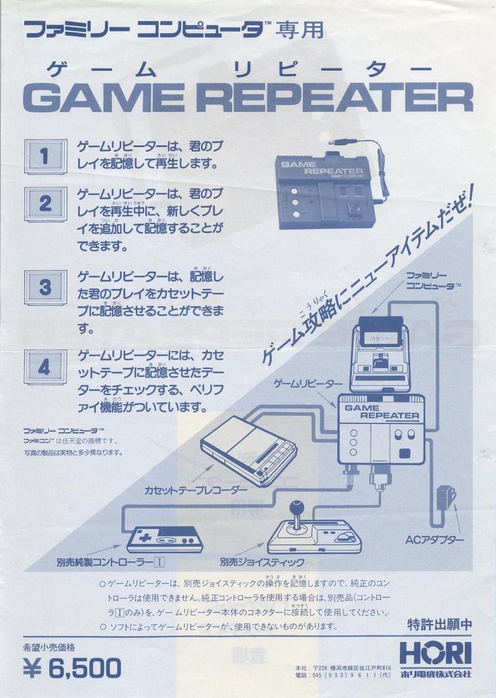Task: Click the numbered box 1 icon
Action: [45, 158]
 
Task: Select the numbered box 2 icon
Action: [45, 204]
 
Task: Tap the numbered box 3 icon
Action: [45, 289]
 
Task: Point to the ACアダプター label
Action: [434, 540]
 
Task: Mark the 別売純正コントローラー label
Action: [107, 562]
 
